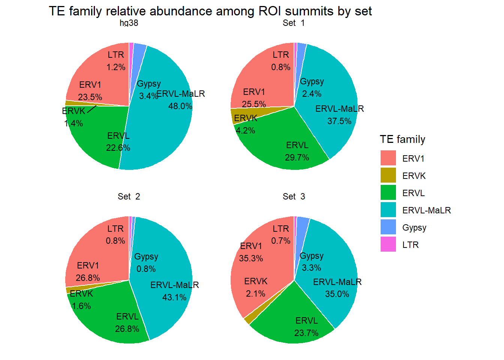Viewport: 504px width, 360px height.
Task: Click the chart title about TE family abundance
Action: coord(210,11)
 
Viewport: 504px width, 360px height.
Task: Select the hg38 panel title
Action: coord(129,23)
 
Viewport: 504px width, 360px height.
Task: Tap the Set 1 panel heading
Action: coord(294,23)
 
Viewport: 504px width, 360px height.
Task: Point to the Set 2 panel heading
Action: coord(129,196)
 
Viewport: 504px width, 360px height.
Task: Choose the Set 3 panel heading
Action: coord(294,196)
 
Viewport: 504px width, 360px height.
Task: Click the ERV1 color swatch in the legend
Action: coord(388,158)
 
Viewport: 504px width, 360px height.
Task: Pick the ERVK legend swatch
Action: coord(388,175)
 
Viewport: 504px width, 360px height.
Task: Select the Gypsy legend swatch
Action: coord(388,227)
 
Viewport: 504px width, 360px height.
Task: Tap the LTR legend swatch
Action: coord(388,244)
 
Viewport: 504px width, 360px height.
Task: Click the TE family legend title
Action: coord(402,139)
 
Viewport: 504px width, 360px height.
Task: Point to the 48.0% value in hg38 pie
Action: coord(180,106)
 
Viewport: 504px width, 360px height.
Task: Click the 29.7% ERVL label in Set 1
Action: coord(297,157)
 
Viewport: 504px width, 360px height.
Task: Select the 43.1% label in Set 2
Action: coord(174,297)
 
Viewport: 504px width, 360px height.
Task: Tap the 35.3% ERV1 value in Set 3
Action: coord(251,258)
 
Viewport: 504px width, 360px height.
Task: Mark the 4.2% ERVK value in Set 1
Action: coord(246,130)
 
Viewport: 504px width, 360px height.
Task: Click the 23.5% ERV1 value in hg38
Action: coord(90,97)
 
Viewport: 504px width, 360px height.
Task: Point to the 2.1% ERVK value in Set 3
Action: coord(256,294)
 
